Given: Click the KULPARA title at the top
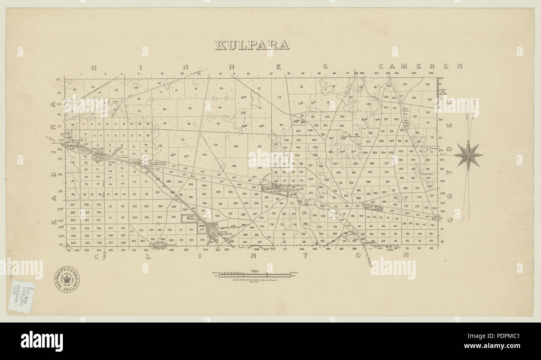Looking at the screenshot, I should coord(252,45).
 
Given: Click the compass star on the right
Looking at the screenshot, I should coord(468,154).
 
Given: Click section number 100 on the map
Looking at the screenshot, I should coord(215,145).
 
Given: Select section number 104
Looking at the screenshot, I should coord(204,155).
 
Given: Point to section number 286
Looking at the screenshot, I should coord(368,182).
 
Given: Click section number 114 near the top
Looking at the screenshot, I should coord(301,87).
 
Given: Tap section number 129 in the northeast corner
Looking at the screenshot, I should coord(427,84).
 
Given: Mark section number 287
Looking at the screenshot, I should coord(387,182).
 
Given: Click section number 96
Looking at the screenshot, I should coord(164,109).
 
